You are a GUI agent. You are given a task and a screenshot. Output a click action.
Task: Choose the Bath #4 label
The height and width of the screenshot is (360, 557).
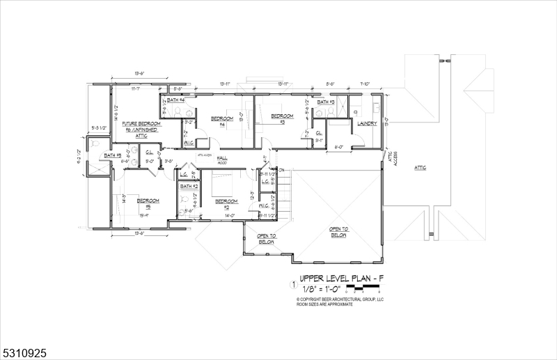pyautogui.click(x=175, y=100)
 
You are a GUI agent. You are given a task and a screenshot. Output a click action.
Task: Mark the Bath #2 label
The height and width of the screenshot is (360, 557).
pyautogui.click(x=189, y=187)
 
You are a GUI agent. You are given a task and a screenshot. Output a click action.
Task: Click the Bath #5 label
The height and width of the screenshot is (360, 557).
pyautogui.click(x=113, y=155)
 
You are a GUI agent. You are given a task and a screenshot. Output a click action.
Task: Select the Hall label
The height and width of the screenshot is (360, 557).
pyautogui.click(x=222, y=159)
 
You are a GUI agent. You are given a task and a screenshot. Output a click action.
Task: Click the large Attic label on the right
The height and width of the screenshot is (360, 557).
pyautogui.click(x=420, y=168)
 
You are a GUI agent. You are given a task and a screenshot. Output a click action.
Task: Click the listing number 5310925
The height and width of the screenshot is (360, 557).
pyautogui.click(x=24, y=354)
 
